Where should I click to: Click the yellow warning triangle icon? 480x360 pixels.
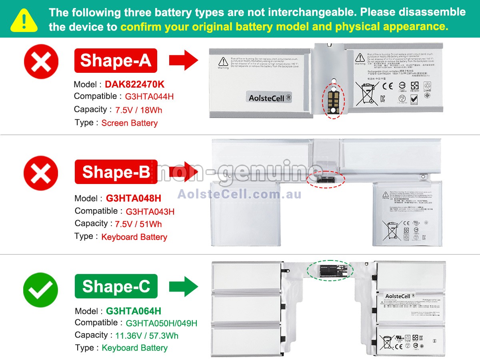pos(24,20)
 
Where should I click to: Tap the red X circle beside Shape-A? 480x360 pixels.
pos(41,62)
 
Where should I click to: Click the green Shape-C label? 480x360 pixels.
pos(116,286)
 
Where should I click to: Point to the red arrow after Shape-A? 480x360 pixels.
pos(183,61)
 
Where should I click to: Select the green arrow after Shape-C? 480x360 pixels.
pos(183,287)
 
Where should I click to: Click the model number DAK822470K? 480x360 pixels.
pos(134,84)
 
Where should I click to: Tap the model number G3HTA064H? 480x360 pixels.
pos(134,311)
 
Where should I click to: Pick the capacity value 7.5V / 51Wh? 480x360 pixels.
pos(138,224)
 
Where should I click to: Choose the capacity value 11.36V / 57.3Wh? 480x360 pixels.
pos(147,336)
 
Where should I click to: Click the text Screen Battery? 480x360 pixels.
pos(129,123)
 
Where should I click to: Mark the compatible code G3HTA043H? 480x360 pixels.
pos(150,212)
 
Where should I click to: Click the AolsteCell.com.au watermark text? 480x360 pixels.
pos(239,194)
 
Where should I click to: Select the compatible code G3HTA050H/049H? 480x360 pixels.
pos(161,323)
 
